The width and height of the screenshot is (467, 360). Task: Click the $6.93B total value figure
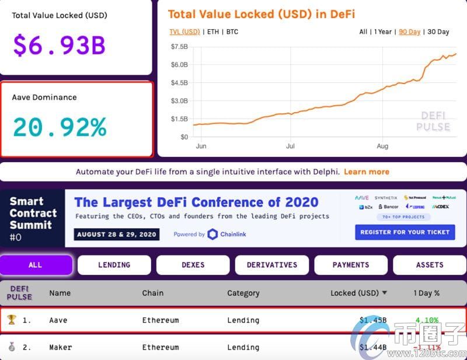pyautogui.click(x=58, y=45)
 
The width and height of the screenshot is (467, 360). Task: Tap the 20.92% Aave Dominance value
pyautogui.click(x=60, y=127)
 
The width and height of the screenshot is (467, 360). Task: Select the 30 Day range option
pyautogui.click(x=438, y=32)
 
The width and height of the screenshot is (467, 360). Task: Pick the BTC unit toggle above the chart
pyautogui.click(x=232, y=32)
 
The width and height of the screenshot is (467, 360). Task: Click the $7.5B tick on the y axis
pyautogui.click(x=179, y=46)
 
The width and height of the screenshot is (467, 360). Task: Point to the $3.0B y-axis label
pyautogui.click(x=179, y=101)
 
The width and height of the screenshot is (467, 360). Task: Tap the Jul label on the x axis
pyautogui.click(x=291, y=146)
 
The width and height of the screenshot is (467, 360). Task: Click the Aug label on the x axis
pyautogui.click(x=382, y=146)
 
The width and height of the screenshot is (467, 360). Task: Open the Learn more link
pyautogui.click(x=366, y=172)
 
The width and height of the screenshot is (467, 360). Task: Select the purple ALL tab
pyautogui.click(x=36, y=265)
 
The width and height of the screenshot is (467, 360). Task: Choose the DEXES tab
pyautogui.click(x=193, y=265)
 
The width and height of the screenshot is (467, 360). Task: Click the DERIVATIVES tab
pyautogui.click(x=271, y=265)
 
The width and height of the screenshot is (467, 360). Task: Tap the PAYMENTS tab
pyautogui.click(x=350, y=265)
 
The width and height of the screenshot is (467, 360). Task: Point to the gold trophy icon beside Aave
pyautogui.click(x=12, y=320)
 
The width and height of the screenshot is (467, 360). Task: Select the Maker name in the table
pyautogui.click(x=60, y=347)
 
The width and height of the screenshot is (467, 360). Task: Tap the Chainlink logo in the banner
pyautogui.click(x=213, y=234)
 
